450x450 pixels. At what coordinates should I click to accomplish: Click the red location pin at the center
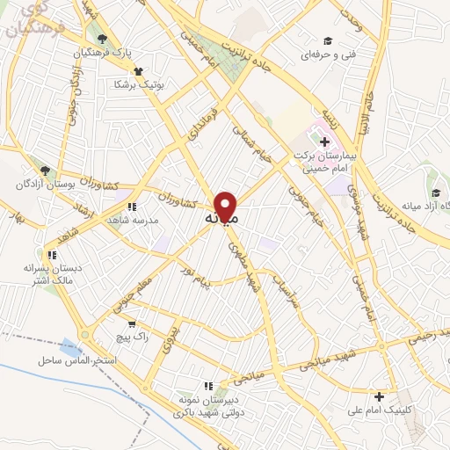[227, 207]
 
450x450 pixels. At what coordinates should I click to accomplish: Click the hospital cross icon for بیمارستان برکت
[325, 141]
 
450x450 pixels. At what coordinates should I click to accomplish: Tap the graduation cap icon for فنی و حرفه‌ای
[328, 41]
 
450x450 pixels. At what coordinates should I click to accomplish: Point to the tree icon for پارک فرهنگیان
[104, 39]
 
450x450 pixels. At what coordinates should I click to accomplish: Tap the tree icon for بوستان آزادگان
[43, 169]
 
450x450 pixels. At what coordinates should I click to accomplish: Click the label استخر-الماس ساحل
[71, 361]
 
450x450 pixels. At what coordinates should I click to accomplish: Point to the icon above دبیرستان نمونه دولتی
[207, 385]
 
